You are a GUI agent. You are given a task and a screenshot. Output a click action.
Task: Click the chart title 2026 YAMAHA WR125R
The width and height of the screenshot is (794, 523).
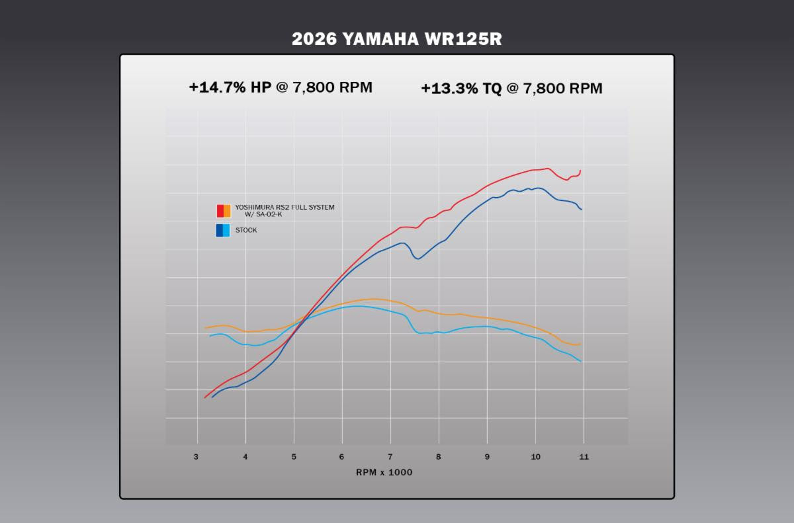(397, 39)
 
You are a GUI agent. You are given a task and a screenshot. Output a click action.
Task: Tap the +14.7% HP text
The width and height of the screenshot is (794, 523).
(230, 87)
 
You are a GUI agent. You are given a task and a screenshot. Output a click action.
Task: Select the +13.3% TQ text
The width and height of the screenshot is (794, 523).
(461, 89)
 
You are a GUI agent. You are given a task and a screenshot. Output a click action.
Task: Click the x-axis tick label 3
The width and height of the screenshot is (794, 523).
(197, 457)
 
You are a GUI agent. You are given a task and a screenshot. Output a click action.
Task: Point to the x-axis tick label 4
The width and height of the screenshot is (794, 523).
(245, 457)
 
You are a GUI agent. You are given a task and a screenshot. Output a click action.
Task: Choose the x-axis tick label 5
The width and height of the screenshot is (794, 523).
(294, 457)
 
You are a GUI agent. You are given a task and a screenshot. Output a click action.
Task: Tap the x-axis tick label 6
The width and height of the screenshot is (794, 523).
(342, 457)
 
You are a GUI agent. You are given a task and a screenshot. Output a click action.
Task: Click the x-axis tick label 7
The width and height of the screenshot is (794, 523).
(390, 457)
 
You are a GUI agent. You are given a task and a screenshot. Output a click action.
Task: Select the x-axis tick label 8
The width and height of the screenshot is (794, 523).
(439, 457)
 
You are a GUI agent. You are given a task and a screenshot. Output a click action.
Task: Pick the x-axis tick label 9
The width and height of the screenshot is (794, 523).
(487, 457)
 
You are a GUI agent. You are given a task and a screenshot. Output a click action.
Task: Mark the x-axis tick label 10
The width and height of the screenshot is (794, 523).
(535, 457)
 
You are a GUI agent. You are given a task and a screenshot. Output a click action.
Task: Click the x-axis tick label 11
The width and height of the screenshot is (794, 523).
(584, 457)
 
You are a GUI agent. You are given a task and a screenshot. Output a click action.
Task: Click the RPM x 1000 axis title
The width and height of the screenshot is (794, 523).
(384, 472)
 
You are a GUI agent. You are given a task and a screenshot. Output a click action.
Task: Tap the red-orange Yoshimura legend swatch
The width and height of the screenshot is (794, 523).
(224, 211)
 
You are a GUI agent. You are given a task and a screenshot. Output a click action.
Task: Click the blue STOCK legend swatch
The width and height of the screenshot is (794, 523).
(223, 230)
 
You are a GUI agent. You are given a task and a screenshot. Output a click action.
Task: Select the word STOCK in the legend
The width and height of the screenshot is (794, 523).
(246, 230)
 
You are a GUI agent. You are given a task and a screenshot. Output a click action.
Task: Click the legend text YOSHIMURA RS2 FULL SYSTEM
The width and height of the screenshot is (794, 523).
(285, 208)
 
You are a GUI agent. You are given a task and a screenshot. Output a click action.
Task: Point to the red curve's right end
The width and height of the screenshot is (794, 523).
(580, 171)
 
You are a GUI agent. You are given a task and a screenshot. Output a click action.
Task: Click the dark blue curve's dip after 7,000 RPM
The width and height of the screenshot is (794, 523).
(417, 259)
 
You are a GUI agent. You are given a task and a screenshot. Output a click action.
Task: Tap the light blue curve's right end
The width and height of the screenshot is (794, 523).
(580, 361)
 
